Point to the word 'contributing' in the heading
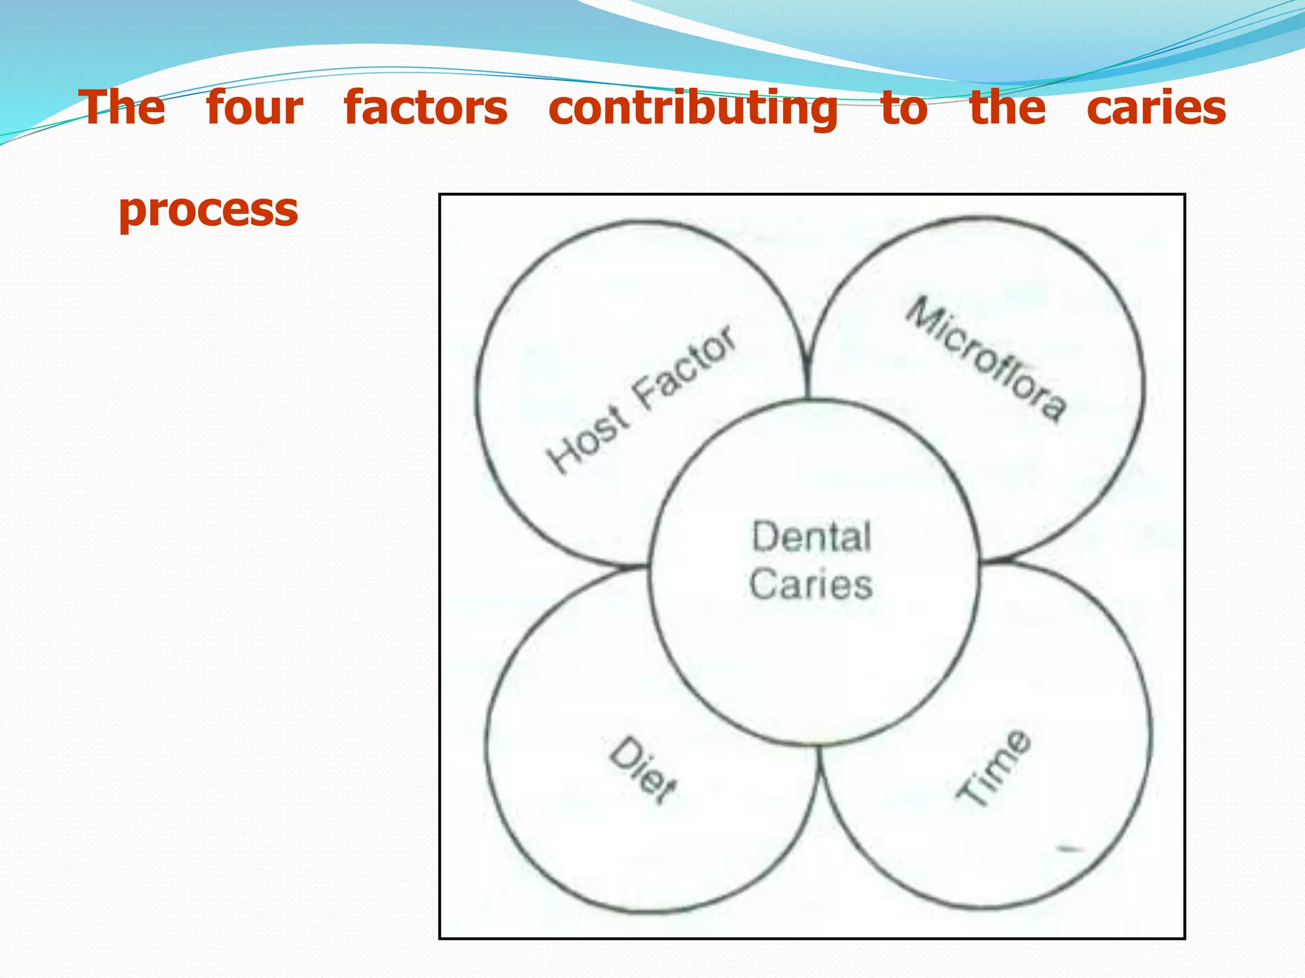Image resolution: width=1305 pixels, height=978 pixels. (693, 108)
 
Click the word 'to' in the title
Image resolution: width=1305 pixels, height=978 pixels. (904, 108)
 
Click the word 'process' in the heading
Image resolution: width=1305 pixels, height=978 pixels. (208, 210)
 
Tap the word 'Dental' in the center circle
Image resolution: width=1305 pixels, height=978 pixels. (811, 536)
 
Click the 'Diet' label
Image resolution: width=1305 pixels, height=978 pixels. (643, 771)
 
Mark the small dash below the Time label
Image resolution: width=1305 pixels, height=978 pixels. (1070, 848)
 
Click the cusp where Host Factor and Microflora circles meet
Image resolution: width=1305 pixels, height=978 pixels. (807, 366)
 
